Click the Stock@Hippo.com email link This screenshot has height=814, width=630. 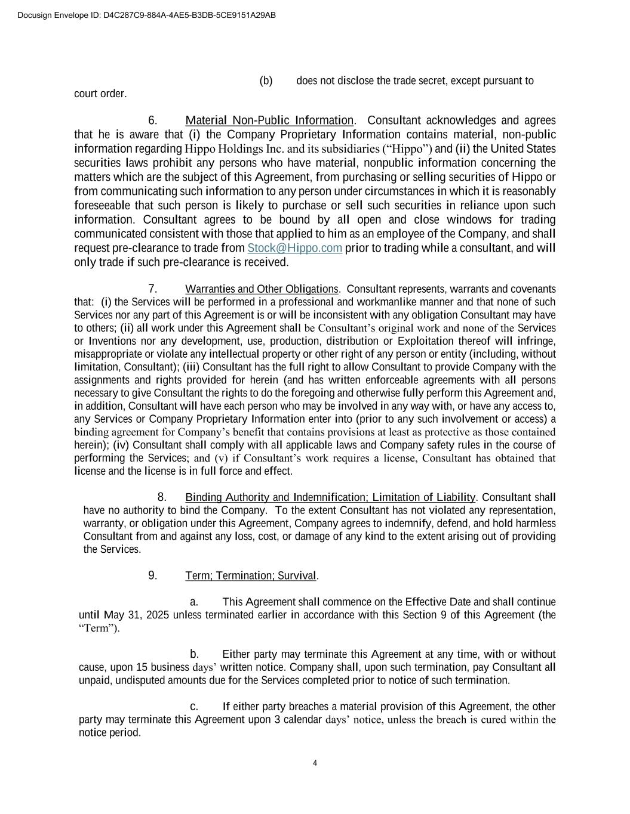(x=294, y=248)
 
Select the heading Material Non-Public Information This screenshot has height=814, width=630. (x=269, y=120)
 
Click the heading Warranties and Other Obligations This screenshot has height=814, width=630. (x=262, y=289)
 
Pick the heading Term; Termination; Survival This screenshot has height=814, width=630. (x=251, y=575)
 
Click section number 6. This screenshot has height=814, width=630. (x=153, y=120)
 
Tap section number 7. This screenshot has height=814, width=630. (x=153, y=289)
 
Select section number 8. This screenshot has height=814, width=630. (x=162, y=497)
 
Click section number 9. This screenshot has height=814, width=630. (x=153, y=575)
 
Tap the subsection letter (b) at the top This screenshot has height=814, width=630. (x=266, y=81)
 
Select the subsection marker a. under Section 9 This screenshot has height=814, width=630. (x=193, y=602)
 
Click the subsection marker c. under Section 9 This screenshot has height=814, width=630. (x=193, y=707)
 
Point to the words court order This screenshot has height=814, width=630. (x=100, y=94)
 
